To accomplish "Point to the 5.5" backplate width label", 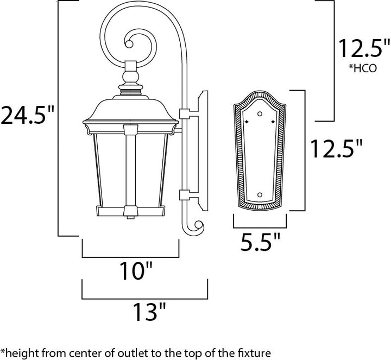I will [x=260, y=241].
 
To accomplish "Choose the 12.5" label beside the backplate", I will [x=335, y=148].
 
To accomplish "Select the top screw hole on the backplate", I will [x=260, y=113].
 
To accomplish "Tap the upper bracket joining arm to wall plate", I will [x=184, y=115].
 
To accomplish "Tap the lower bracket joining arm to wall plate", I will [x=184, y=193].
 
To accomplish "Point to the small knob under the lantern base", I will [x=129, y=218].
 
